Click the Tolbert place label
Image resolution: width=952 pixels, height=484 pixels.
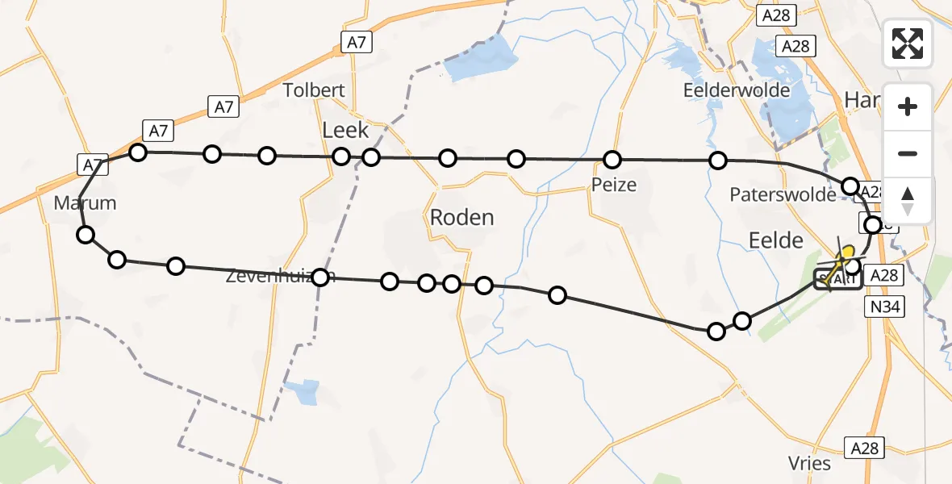314,90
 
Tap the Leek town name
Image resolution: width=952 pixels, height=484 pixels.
345,130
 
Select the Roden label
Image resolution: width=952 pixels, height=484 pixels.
461,218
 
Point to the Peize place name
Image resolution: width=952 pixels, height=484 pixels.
614,185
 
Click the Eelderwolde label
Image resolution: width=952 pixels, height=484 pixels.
736,90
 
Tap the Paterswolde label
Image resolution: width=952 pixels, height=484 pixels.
783,195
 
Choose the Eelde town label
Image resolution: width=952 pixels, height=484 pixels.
776,240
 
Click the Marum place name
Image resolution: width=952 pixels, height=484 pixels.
85,203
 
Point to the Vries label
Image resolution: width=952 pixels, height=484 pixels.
810,463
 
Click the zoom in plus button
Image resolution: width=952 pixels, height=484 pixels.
908,106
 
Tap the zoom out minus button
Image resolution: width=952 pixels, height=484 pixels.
908,153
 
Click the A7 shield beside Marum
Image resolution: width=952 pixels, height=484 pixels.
92,165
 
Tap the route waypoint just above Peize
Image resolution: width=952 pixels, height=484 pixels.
612,159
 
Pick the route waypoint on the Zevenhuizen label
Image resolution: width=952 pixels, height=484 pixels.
320,277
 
